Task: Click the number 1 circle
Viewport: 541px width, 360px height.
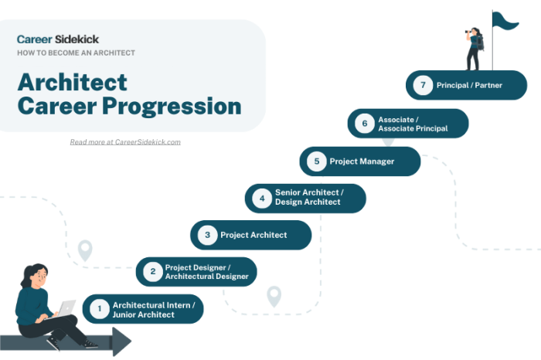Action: pos(99,310)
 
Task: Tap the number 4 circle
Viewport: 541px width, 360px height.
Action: pos(262,199)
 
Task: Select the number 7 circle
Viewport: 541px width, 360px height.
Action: pos(422,85)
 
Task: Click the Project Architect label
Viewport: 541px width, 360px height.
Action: pos(253,235)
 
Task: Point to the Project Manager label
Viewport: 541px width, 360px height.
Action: pos(362,161)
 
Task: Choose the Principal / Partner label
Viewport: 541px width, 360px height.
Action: pos(470,85)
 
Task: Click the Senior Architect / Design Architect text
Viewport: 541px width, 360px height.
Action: pos(309,198)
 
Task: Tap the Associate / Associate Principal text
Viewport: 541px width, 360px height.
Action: pos(413,124)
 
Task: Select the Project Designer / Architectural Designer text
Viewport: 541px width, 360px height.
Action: pos(206,272)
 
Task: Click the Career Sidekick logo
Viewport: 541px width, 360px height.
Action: pos(58,39)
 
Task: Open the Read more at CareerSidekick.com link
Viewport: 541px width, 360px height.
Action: pos(125,142)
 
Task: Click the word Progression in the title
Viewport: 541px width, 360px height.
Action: pos(171,106)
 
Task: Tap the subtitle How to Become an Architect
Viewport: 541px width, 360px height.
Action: pos(77,53)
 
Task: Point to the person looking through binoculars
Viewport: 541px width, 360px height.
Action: pos(475,49)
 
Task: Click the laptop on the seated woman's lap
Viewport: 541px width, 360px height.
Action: pos(66,308)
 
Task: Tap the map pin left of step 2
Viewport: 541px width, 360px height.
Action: pos(85,250)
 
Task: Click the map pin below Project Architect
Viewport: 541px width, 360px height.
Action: pos(274,295)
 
